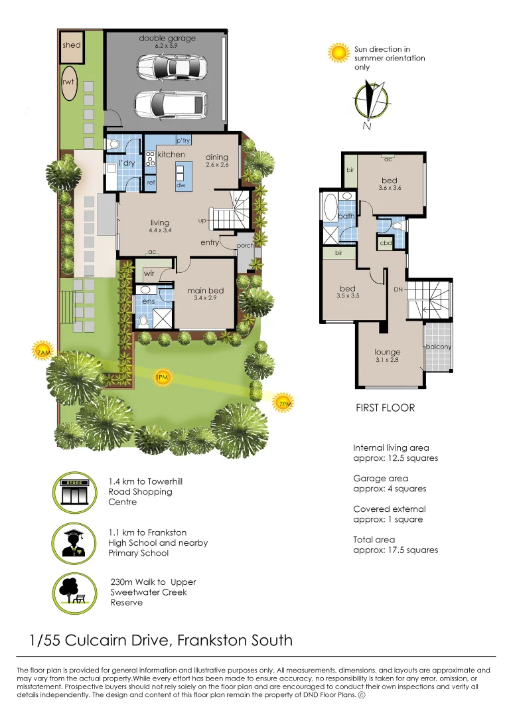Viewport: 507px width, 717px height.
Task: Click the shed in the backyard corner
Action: click(71, 45)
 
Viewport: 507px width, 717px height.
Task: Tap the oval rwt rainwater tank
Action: click(68, 83)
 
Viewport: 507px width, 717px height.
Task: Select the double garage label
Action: click(167, 39)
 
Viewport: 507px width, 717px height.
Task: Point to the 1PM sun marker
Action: click(161, 378)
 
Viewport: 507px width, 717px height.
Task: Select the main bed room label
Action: click(205, 290)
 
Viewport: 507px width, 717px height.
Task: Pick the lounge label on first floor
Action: click(388, 352)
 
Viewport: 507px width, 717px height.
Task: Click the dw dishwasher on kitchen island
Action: click(181, 185)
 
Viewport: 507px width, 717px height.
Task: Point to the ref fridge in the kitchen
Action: click(151, 181)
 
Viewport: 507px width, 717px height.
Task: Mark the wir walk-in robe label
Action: click(149, 274)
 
